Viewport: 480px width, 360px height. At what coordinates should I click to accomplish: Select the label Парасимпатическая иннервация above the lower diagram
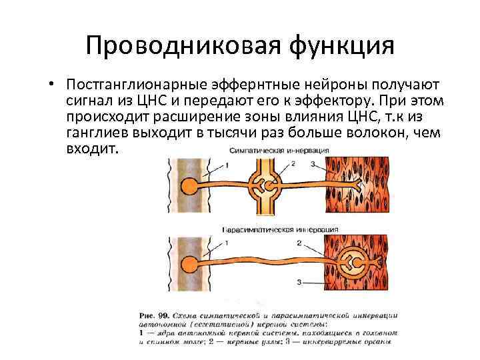279,229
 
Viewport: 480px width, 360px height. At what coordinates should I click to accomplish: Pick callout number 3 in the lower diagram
299,282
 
